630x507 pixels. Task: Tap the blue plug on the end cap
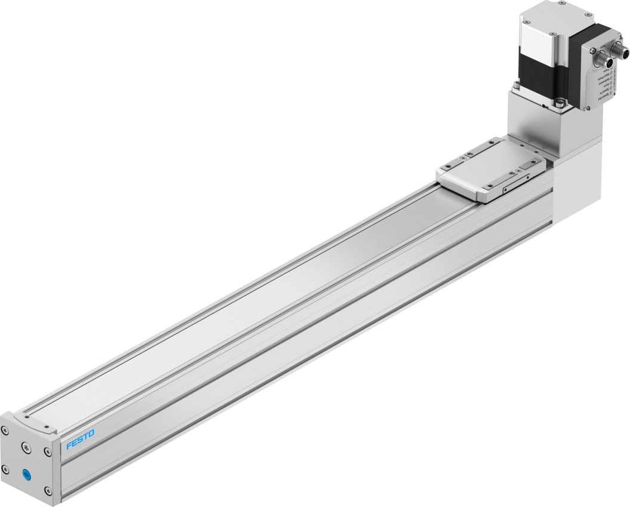point(27,475)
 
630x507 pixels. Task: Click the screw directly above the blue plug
point(27,448)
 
